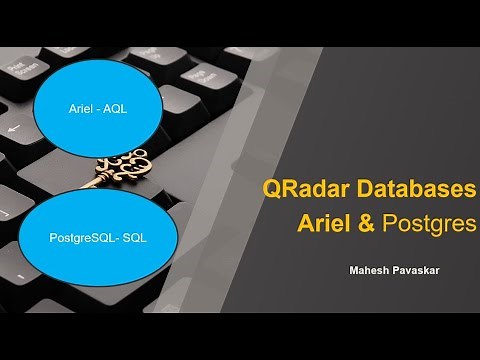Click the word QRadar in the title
(301, 188)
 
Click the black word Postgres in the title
(427, 223)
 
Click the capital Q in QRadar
(271, 188)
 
